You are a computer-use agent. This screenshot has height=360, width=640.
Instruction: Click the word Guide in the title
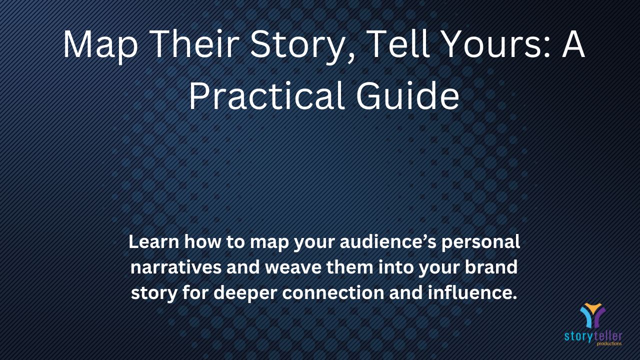pos(407,95)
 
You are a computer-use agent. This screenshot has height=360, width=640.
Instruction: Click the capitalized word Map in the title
pos(100,45)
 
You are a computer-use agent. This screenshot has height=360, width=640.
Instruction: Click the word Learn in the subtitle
pos(153,241)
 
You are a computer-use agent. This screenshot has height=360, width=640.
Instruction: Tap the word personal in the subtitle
pos(480,243)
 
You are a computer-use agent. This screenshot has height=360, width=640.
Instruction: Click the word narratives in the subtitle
pos(176,267)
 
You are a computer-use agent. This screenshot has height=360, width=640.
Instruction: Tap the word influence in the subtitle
pos(469,292)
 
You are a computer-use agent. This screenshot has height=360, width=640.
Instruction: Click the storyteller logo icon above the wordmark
pos(592,315)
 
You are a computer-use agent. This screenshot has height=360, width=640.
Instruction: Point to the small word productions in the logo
pos(609,343)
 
